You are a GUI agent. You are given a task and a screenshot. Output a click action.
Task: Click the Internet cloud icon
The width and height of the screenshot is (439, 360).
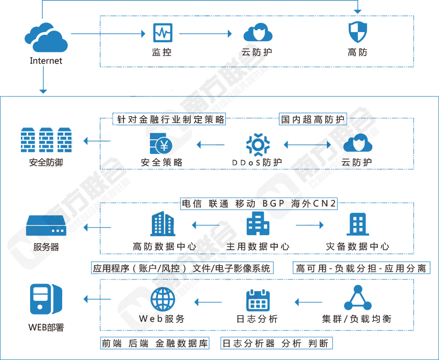[x=46, y=36]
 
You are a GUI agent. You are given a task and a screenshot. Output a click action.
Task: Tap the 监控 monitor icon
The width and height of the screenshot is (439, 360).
[x=163, y=33]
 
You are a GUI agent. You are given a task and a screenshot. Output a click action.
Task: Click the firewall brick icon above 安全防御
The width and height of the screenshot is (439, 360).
[x=46, y=139]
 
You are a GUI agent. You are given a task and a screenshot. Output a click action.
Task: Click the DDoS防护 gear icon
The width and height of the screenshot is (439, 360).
[x=257, y=144]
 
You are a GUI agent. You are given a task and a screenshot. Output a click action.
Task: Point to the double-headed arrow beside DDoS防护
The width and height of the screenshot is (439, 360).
[x=307, y=145]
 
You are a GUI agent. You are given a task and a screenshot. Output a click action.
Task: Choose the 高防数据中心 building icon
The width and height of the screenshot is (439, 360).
[x=163, y=224]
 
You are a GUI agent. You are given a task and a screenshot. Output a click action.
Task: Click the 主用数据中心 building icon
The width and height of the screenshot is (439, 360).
[x=258, y=224]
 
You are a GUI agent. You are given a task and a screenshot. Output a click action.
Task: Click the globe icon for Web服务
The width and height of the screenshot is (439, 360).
[x=163, y=299]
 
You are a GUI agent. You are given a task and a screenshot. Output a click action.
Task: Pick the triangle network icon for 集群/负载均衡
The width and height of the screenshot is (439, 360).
[x=357, y=298]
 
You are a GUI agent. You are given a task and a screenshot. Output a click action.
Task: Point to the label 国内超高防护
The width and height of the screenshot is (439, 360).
[x=313, y=119]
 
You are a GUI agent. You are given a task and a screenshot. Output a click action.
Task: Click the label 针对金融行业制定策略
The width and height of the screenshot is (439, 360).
[x=169, y=119]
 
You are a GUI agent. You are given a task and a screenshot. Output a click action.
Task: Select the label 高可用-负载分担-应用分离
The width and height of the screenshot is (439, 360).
[x=360, y=268]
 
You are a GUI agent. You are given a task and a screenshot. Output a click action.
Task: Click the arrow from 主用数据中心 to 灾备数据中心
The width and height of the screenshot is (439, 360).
[x=309, y=225]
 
